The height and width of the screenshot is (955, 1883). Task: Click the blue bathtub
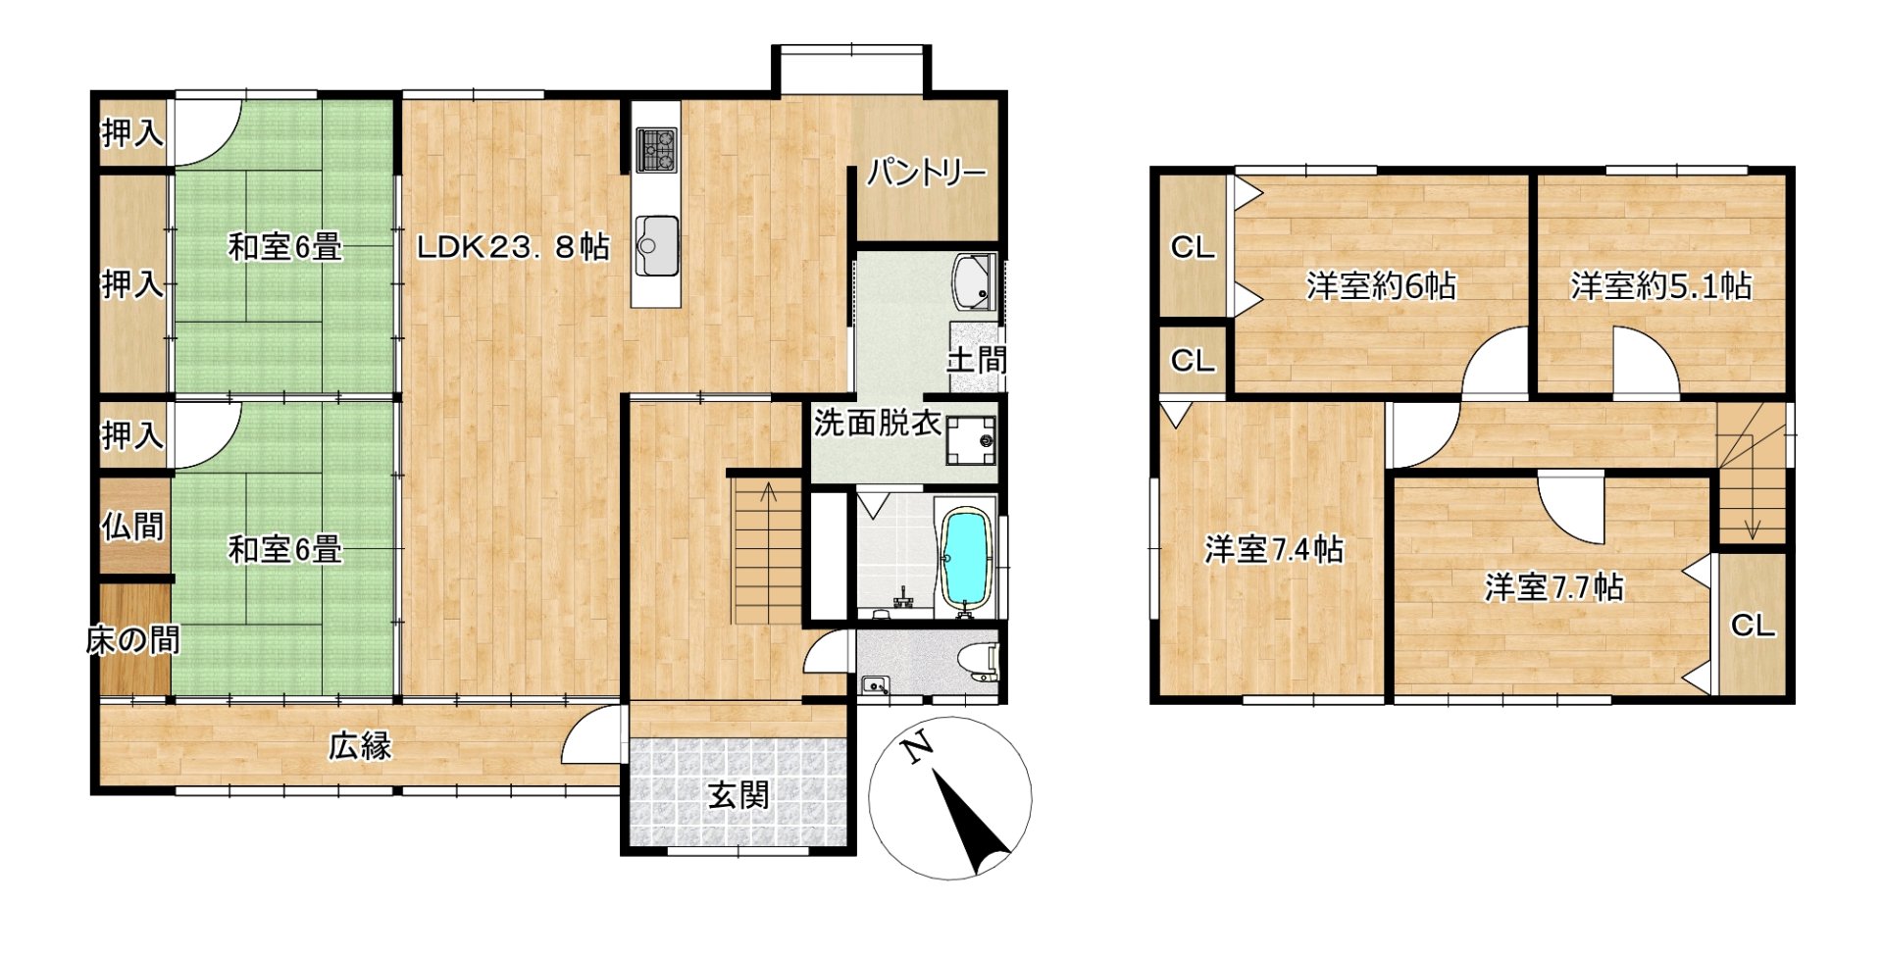tap(966, 558)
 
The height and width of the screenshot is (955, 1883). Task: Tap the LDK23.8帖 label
tap(513, 246)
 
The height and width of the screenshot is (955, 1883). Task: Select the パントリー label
tap(926, 174)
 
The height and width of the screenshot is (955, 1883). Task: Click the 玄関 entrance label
tap(738, 795)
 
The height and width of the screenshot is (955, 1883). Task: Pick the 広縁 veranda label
tap(360, 746)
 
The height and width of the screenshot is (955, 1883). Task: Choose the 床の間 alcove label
tap(133, 640)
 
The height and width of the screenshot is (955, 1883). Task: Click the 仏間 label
tap(133, 527)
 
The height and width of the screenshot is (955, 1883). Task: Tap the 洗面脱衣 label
tap(878, 423)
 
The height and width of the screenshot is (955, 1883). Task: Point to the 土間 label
tap(976, 360)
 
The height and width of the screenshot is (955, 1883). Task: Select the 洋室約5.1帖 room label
tap(1660, 285)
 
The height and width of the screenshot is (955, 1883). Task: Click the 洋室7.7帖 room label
tap(1554, 587)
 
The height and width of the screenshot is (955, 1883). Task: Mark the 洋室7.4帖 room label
tap(1274, 549)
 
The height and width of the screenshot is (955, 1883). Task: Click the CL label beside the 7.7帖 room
tap(1753, 626)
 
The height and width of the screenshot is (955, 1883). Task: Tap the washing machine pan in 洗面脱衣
tap(971, 440)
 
